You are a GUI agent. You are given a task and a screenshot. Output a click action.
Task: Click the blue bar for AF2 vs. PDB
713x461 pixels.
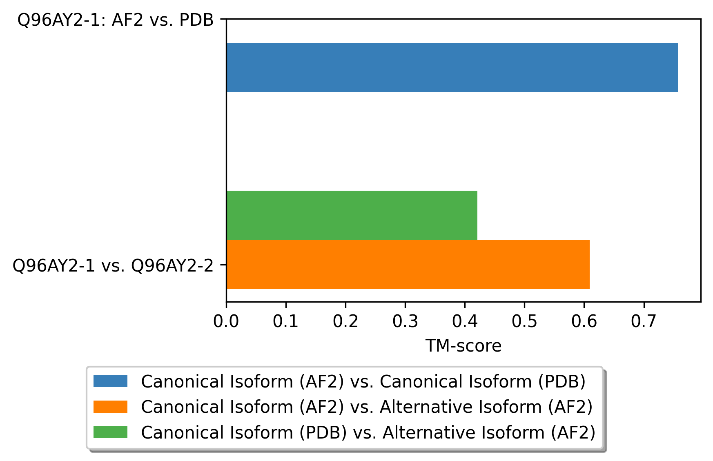[x=452, y=68]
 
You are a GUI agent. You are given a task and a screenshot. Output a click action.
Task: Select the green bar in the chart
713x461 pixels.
[x=352, y=215]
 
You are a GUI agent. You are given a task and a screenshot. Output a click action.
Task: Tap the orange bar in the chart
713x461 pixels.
[x=408, y=265]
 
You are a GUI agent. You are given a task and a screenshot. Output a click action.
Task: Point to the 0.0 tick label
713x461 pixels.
[x=226, y=322]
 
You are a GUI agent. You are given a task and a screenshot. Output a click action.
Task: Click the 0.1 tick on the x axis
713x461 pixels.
[x=286, y=322]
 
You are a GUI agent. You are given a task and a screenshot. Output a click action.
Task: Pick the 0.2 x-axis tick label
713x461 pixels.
[x=345, y=322]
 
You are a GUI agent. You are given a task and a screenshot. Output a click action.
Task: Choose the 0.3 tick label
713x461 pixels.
[x=405, y=322]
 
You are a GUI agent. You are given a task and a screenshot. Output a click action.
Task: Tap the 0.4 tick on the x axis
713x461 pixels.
[x=465, y=322]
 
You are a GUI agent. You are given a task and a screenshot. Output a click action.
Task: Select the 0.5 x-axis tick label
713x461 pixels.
[x=524, y=322]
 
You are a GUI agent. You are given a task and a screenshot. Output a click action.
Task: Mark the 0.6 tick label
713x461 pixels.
[x=584, y=322]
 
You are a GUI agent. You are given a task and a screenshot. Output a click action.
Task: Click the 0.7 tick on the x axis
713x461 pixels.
[x=644, y=322]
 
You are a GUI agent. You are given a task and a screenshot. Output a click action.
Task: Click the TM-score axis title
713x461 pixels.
[x=463, y=346]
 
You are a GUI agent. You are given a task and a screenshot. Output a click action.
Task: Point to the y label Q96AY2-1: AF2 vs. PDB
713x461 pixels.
[x=116, y=20]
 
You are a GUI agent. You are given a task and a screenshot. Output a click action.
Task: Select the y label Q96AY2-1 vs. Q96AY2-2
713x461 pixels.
[x=113, y=265]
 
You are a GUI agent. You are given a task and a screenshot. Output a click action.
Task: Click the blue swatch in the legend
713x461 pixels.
[x=110, y=381]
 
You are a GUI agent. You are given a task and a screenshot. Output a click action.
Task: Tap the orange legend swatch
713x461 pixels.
[x=110, y=407]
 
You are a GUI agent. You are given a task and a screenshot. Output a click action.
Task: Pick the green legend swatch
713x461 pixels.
[x=110, y=432]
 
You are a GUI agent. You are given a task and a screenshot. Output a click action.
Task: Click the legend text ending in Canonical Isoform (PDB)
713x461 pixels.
[x=363, y=381]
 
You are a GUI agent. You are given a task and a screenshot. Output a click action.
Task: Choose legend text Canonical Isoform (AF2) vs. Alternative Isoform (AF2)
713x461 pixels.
[x=367, y=407]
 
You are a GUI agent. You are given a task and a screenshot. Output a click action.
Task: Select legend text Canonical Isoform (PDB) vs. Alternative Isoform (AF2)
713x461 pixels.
[x=368, y=432]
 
